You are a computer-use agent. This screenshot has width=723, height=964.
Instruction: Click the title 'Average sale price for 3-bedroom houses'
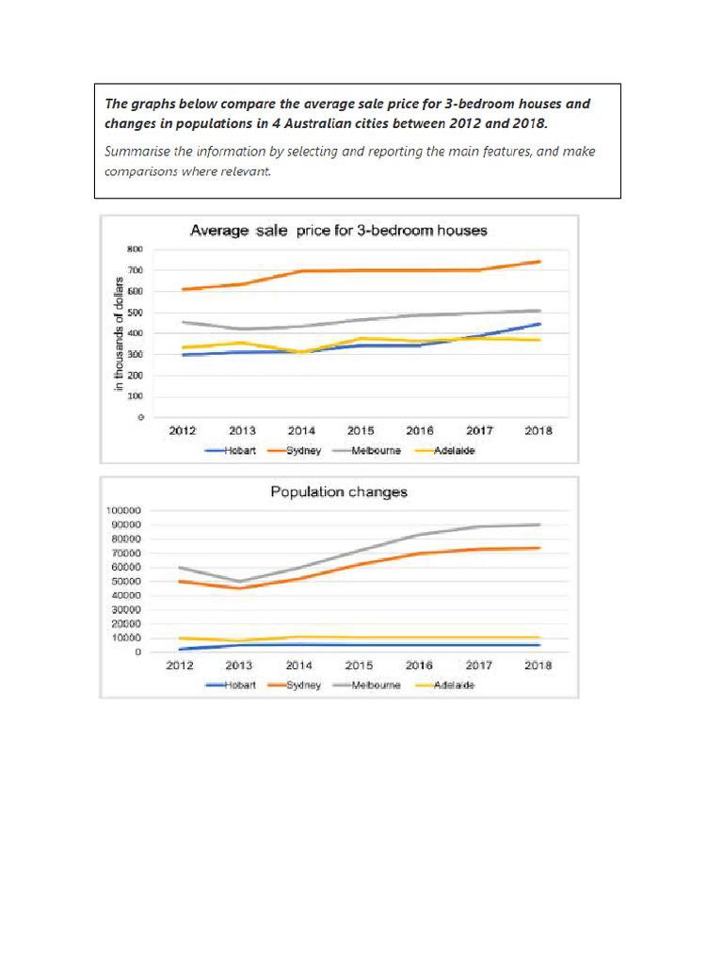[x=338, y=230]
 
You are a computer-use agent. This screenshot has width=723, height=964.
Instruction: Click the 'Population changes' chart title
[x=339, y=491]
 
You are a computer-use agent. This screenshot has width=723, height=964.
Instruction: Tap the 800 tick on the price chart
[x=136, y=249]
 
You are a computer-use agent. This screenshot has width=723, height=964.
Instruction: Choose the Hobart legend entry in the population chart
[x=237, y=685]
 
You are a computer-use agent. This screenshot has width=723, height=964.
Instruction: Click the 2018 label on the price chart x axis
[x=538, y=431]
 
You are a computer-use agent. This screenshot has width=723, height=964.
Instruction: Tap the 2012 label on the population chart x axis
[x=179, y=666]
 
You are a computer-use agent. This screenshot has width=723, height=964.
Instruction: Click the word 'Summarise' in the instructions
[x=136, y=152]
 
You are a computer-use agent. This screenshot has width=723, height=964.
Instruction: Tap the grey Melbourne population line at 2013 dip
[x=239, y=582]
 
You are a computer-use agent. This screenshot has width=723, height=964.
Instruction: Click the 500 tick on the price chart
[x=136, y=313]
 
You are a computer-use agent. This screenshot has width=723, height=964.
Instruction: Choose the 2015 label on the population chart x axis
[x=359, y=666]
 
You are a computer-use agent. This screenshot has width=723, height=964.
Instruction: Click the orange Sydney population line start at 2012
[x=179, y=581]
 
